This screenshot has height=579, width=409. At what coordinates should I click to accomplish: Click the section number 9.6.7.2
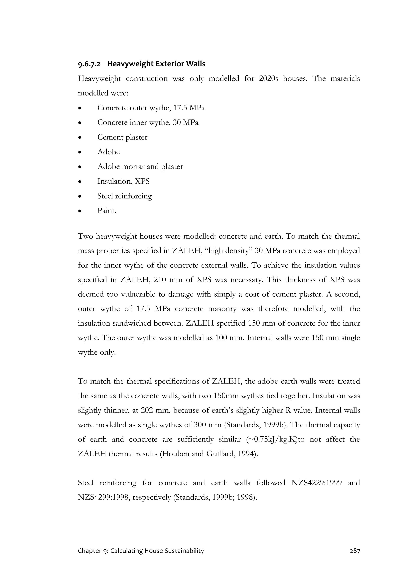(x=89, y=64)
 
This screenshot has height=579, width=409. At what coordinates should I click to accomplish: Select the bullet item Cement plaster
(x=122, y=137)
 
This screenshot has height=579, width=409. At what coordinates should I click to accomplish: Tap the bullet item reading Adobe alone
(x=108, y=152)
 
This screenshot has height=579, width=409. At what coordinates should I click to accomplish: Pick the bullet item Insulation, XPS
(x=123, y=181)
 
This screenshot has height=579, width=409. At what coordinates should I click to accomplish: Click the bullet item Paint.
(x=107, y=211)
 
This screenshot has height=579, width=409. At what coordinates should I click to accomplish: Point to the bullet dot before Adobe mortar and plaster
(x=80, y=167)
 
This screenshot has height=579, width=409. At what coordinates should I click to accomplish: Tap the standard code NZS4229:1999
(x=317, y=483)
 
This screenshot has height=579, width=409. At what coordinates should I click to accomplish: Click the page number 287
(x=355, y=551)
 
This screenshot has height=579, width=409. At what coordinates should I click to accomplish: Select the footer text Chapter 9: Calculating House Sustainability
(x=141, y=551)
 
